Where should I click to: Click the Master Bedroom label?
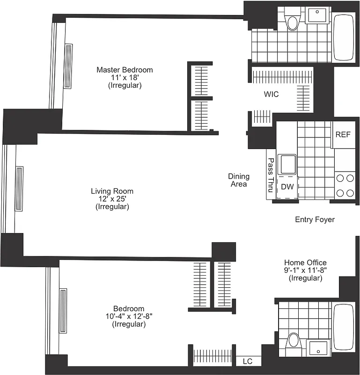tap(125, 70)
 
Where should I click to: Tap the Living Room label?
tap(112, 191)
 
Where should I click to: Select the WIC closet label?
tap(271, 94)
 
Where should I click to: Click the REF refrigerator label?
tap(343, 135)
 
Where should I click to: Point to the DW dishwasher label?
tap(287, 187)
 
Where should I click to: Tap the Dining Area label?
tap(238, 180)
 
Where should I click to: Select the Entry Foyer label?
tap(315, 219)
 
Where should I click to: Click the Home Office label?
tap(305, 262)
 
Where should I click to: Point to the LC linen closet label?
tap(247, 361)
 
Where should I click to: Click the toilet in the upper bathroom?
tap(293, 22)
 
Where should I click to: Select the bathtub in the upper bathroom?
tap(345, 37)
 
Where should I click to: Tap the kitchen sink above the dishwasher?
tap(287, 165)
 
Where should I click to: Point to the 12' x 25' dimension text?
tap(112, 199)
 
